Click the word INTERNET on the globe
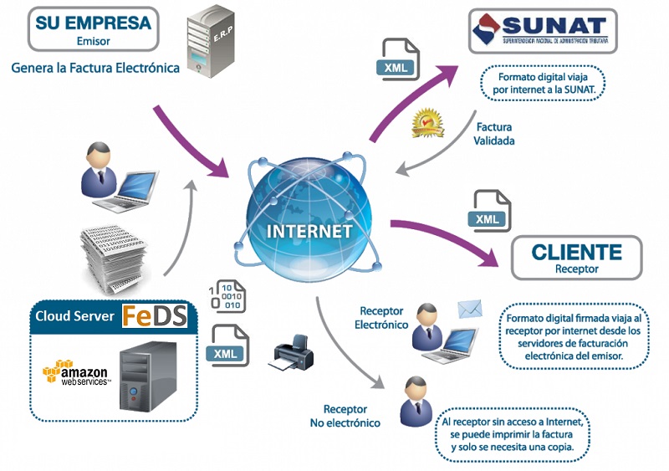click(x=308, y=230)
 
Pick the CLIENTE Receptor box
click(x=576, y=258)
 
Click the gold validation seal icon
click(x=426, y=121)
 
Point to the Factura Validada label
click(x=493, y=134)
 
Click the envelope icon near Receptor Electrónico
click(x=470, y=310)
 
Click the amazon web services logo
click(x=76, y=371)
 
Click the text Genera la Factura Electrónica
click(x=95, y=67)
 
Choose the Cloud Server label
click(x=74, y=316)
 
